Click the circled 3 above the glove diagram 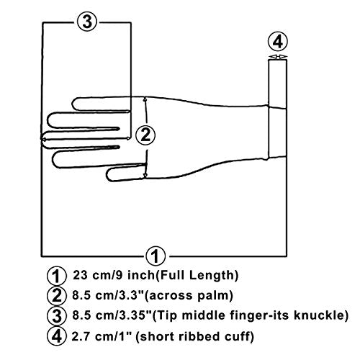[x=87, y=22]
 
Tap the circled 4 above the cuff [x=278, y=42]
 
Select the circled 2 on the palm [x=145, y=135]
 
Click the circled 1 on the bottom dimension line [x=156, y=256]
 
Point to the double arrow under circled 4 [x=278, y=57]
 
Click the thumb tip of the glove [x=109, y=174]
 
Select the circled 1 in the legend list [x=57, y=276]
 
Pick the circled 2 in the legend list [x=57, y=295]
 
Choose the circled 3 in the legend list [x=57, y=315]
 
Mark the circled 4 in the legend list [x=57, y=336]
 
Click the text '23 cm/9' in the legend [x=98, y=275]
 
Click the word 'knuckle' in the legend [x=318, y=315]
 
